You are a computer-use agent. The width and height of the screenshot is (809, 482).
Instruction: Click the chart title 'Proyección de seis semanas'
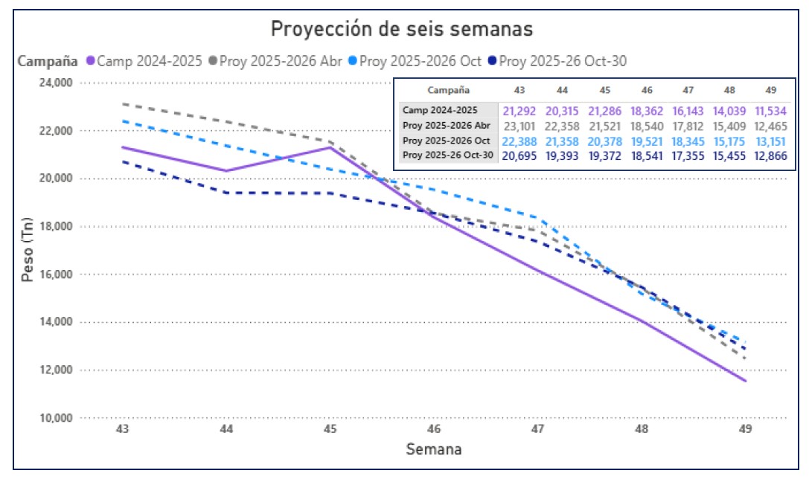point(401,29)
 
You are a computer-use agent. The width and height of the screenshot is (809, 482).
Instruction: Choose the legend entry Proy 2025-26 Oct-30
point(562,61)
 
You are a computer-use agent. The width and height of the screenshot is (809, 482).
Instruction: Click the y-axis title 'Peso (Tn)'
point(28,250)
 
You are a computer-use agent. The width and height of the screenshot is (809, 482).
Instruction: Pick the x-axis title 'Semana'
point(433,449)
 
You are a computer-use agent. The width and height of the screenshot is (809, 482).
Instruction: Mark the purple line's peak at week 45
point(330,147)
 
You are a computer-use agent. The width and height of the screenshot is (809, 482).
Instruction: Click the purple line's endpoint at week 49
point(746,381)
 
